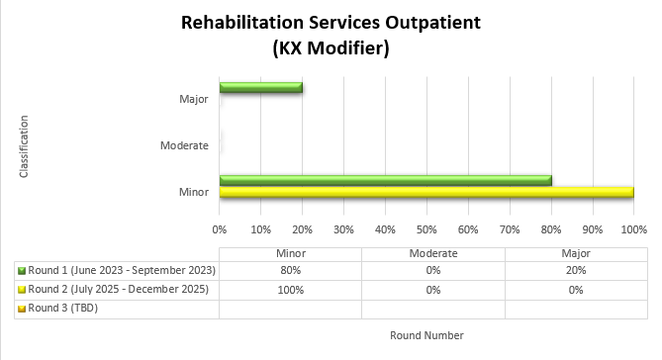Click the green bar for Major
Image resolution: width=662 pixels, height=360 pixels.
coord(261,88)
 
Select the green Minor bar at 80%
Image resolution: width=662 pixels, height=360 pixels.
coord(386,180)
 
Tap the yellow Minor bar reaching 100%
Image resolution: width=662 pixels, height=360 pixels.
coord(426,192)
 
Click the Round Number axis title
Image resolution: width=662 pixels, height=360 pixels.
coord(426,335)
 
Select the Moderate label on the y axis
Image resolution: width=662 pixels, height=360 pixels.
coord(184,145)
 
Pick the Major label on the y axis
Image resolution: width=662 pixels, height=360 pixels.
coord(194,99)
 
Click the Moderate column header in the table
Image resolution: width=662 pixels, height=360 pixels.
coord(433,253)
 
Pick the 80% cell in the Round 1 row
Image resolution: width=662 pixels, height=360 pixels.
coord(291,271)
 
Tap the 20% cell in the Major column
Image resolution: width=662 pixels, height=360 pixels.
coord(576,271)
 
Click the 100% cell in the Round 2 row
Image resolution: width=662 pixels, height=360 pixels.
coord(291,290)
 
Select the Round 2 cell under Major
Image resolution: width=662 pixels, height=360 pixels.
coord(576,290)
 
